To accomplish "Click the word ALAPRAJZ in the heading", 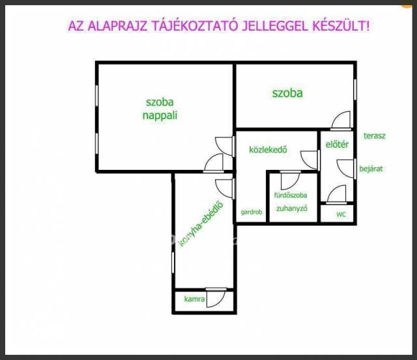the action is [x=117, y=26].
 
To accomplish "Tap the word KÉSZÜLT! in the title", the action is [x=341, y=26].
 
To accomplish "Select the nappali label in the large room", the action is [x=160, y=116].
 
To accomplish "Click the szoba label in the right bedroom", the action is [x=287, y=93].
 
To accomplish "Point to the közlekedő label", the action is [x=268, y=150].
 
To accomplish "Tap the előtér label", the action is [x=337, y=145].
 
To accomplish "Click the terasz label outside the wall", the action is [x=375, y=136].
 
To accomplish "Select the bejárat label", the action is [x=371, y=169].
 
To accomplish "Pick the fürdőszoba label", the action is [x=291, y=195].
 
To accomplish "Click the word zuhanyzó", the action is [x=292, y=208].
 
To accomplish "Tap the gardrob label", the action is [x=252, y=212].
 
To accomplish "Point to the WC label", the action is [x=341, y=214].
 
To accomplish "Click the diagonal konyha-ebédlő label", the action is [x=201, y=225].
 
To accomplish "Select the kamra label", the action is [x=194, y=299].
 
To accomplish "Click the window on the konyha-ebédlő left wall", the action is [x=173, y=262].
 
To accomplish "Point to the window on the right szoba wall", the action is [x=355, y=90].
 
